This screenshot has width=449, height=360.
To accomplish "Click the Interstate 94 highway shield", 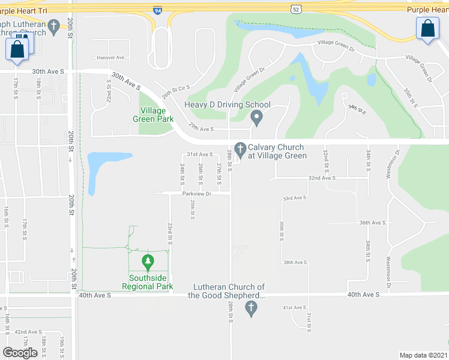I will pyautogui.click(x=157, y=11).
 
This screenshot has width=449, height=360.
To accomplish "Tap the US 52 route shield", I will pyautogui.click(x=295, y=9).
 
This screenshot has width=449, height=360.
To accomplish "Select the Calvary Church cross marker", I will pyautogui.click(x=241, y=148).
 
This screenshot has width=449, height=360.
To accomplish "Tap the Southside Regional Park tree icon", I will pyautogui.click(x=148, y=262).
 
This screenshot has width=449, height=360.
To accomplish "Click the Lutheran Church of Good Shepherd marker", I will pyautogui.click(x=252, y=308).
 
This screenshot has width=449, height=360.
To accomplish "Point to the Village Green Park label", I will pyautogui.click(x=157, y=115).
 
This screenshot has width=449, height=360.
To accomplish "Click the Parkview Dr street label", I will pyautogui.click(x=197, y=194).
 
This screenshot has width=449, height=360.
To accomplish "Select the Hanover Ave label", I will pyautogui.click(x=110, y=58).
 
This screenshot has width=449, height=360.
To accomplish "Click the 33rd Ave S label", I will pyautogui.click(x=295, y=197).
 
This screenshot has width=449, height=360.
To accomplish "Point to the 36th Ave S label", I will pyautogui.click(x=372, y=223).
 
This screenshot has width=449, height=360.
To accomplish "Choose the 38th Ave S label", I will pyautogui.click(x=295, y=262).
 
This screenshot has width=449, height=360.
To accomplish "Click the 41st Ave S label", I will pyautogui.click(x=295, y=308).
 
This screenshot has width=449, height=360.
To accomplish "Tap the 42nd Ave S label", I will pyautogui.click(x=28, y=332).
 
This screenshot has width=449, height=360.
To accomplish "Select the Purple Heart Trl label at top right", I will pyautogui.click(x=427, y=10).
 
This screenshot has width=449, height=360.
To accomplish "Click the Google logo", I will pyautogui.click(x=20, y=353).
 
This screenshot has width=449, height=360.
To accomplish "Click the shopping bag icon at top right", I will pyautogui.click(x=427, y=29).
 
